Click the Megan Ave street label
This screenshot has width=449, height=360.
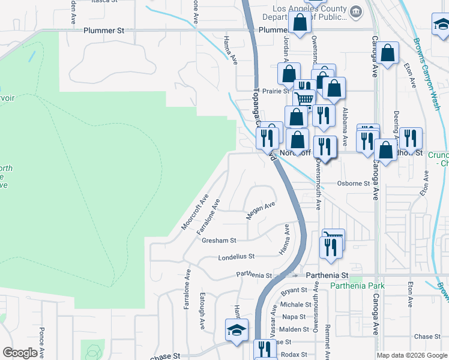point(260,209)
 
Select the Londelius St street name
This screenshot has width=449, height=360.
point(237,256)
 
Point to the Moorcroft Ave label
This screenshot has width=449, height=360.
point(195,212)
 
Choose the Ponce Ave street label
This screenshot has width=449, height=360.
point(41,341)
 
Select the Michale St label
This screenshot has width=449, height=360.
point(292,305)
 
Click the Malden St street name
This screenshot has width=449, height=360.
point(294,329)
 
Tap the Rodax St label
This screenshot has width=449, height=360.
point(294,354)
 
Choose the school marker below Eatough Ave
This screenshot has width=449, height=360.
point(236,330)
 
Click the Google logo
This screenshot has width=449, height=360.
point(20,353)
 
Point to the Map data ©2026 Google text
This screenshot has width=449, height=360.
point(412,355)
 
